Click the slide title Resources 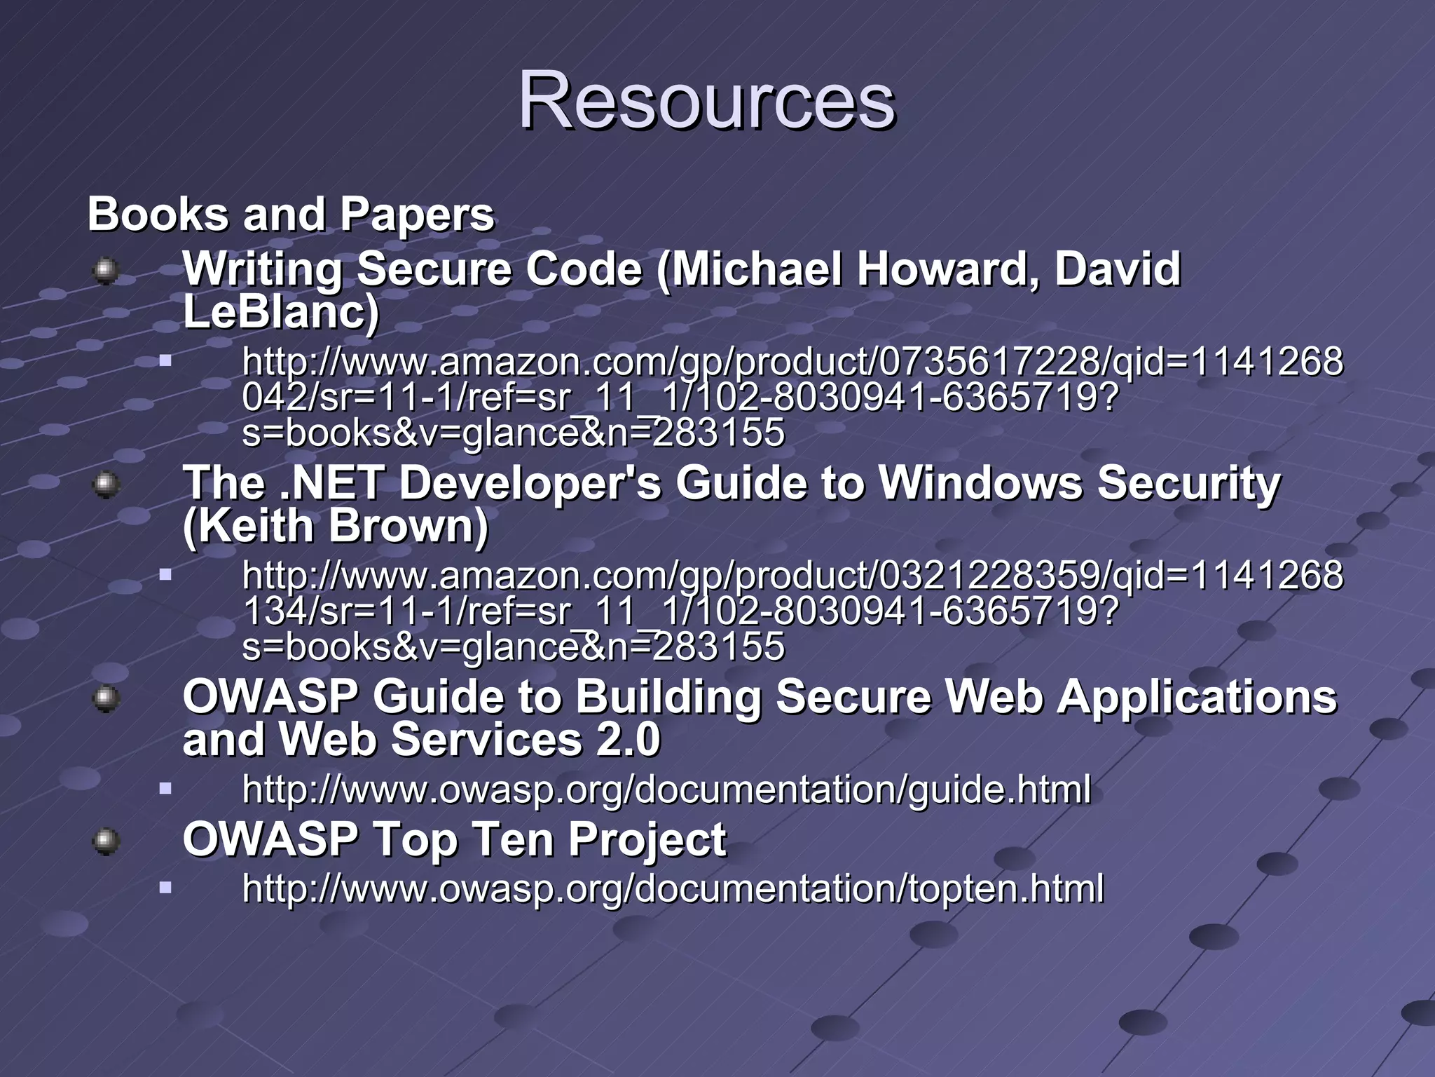[x=706, y=100]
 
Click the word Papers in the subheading [x=417, y=214]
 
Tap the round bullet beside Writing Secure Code [x=106, y=271]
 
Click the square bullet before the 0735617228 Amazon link [x=165, y=362]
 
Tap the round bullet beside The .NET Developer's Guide [x=106, y=485]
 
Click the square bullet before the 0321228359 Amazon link [x=165, y=575]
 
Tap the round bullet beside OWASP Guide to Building [x=106, y=698]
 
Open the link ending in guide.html [x=666, y=790]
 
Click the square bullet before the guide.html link [x=165, y=789]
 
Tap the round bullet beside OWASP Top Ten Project [x=106, y=841]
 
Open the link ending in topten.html [x=673, y=888]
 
